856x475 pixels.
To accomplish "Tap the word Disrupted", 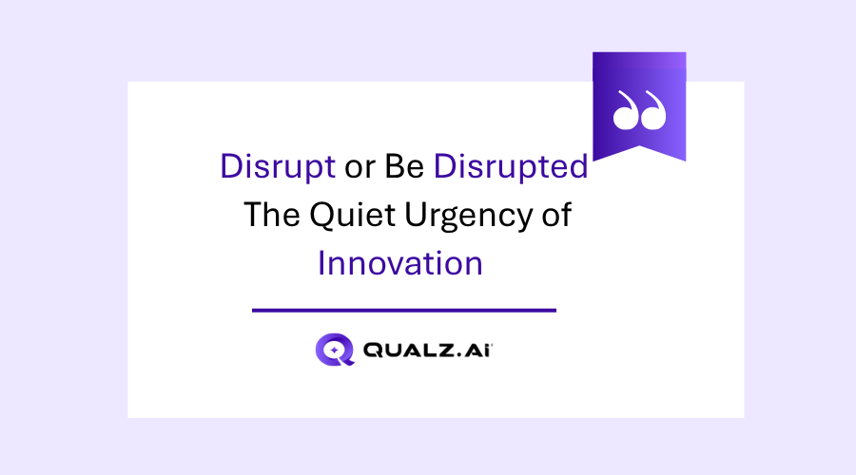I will coord(511,166).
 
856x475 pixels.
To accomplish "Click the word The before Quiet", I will coord(272,215).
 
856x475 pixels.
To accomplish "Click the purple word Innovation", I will coord(399,263).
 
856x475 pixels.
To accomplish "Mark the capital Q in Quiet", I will coord(320,215).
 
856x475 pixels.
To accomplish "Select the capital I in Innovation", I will coord(321,263).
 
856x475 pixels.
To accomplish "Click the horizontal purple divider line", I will coord(403,310).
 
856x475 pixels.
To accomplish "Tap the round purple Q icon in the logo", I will coord(334,349).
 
